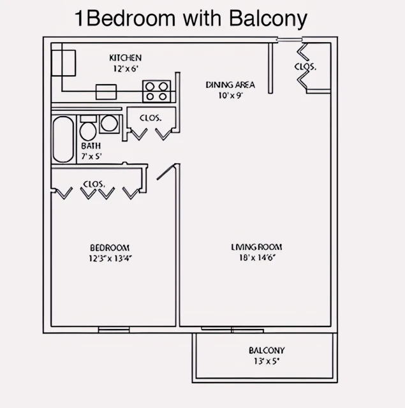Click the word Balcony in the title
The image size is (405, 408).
pos(263,18)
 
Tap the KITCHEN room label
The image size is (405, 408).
pos(125,58)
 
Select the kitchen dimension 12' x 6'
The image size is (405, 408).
pos(125,68)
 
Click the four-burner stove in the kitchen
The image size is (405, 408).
pos(157,91)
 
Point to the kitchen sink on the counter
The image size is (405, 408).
pos(106,91)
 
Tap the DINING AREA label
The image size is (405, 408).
pos(230,85)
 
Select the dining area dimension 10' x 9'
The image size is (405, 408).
pos(230,95)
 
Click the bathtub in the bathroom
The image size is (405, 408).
pos(63,139)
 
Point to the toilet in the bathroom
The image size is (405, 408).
pos(88,129)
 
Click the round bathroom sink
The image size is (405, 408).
pos(109,123)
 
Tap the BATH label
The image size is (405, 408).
pos(91,146)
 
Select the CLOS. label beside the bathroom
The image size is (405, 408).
pos(150,118)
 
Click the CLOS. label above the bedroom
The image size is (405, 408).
pos(94,184)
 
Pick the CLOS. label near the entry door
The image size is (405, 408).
pos(305,66)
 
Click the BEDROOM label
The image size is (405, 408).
pos(110,248)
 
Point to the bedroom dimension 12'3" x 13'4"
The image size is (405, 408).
pos(110,258)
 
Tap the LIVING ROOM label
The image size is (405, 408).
pos(256,247)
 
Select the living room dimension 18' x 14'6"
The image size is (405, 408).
pos(256,258)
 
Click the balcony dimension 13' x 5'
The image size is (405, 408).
pos(266,361)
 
